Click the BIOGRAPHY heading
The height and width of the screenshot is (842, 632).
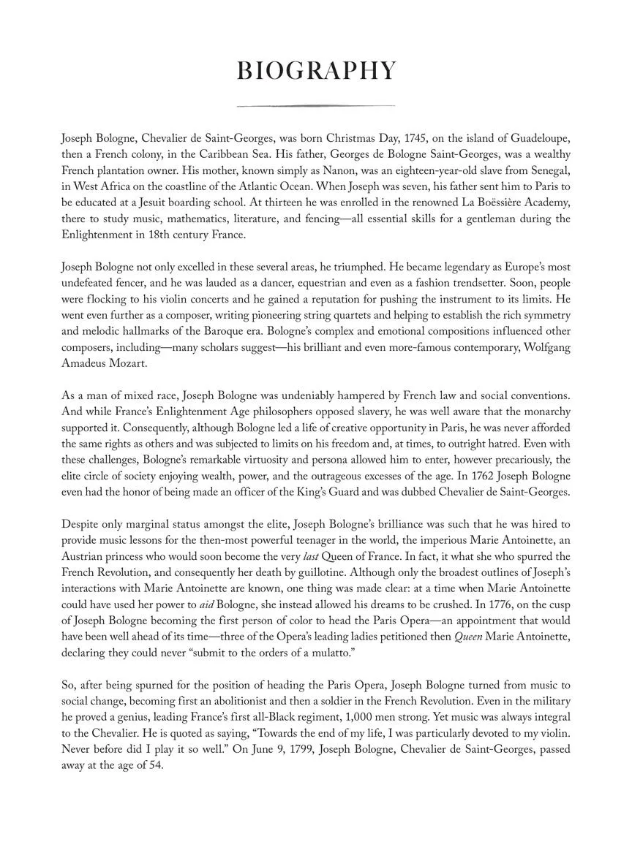pos(316,71)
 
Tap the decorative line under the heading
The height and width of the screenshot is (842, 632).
pos(316,106)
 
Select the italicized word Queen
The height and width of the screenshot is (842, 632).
pos(468,637)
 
